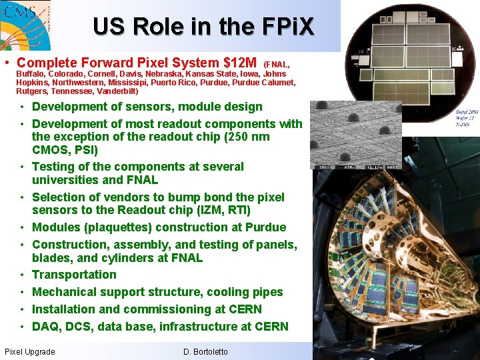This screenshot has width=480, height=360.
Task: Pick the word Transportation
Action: point(74,275)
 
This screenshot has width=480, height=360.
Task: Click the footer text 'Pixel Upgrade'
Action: point(30,351)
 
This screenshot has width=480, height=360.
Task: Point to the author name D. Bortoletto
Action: point(205,351)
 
